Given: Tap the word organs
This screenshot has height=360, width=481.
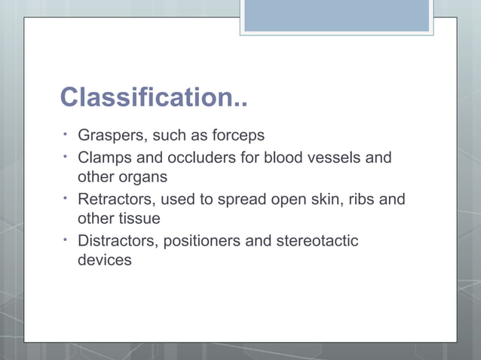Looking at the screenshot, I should pyautogui.click(x=143, y=178).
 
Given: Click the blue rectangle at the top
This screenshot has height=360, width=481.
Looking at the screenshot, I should pyautogui.click(x=336, y=16).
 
